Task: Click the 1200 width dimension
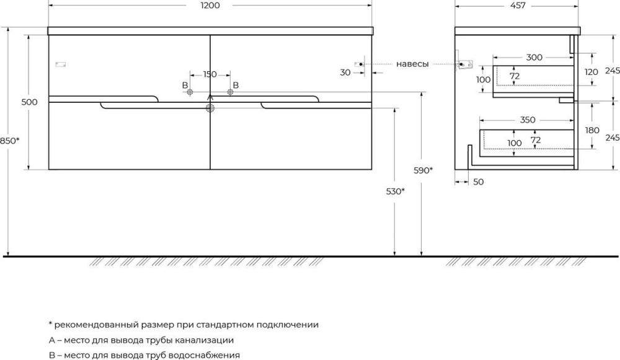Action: click(x=210, y=6)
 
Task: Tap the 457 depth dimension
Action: click(x=518, y=6)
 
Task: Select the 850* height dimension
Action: click(x=9, y=141)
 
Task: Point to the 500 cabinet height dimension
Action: click(x=29, y=102)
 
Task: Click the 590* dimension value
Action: click(x=423, y=170)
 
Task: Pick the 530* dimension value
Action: click(x=396, y=191)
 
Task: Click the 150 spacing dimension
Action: click(x=210, y=74)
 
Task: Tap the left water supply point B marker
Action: click(x=190, y=92)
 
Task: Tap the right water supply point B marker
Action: click(x=231, y=92)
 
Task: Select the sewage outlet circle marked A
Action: click(x=210, y=108)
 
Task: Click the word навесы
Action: click(x=412, y=64)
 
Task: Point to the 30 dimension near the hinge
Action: click(x=345, y=72)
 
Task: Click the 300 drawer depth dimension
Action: click(x=534, y=57)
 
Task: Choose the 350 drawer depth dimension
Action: click(x=528, y=120)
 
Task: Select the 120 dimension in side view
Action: click(x=591, y=72)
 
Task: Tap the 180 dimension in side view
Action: click(x=592, y=130)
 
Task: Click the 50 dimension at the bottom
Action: click(x=479, y=182)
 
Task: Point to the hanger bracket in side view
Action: click(x=464, y=64)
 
